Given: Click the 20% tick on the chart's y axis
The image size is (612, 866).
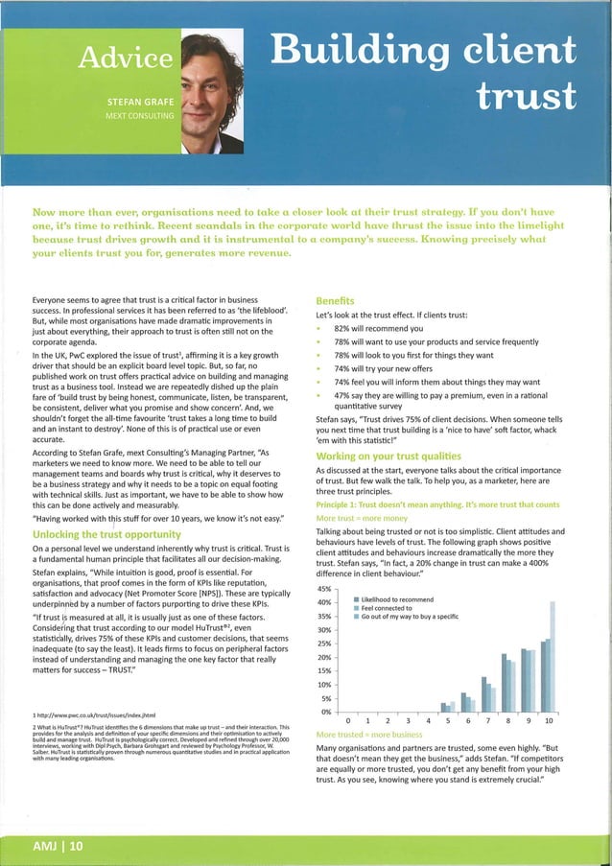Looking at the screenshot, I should (x=323, y=659).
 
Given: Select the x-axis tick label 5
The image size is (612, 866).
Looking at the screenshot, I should (x=446, y=719).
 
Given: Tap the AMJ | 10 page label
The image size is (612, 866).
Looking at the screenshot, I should (x=56, y=846).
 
